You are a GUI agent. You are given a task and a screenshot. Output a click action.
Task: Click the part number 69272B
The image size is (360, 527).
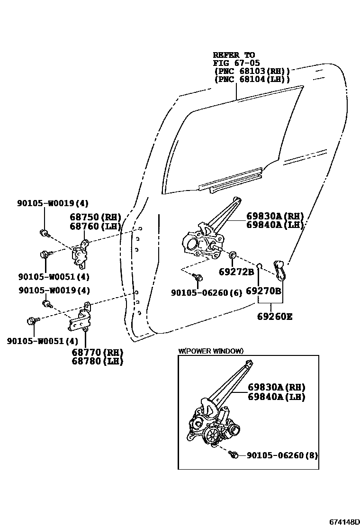[x=236, y=272]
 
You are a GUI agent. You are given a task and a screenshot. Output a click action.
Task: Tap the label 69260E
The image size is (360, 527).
[x=275, y=316]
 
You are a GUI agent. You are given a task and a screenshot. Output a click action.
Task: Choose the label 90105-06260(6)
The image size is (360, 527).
[x=207, y=293]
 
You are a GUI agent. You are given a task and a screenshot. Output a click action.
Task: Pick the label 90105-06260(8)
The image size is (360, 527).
[x=282, y=455]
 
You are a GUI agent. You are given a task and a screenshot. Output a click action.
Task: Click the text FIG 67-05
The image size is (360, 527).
[x=236, y=63]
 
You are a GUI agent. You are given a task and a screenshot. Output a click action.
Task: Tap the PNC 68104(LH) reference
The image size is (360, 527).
[x=252, y=79]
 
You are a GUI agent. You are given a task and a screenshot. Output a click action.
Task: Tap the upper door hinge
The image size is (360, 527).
[x=80, y=253]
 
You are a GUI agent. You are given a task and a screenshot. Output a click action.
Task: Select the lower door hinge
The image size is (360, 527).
[x=80, y=319]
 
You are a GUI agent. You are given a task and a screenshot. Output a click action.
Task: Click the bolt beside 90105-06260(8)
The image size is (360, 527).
[x=233, y=455]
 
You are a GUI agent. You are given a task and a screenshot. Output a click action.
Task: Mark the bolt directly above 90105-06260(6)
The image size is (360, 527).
[x=199, y=277]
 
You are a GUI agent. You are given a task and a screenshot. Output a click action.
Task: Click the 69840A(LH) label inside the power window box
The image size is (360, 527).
[x=276, y=397]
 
